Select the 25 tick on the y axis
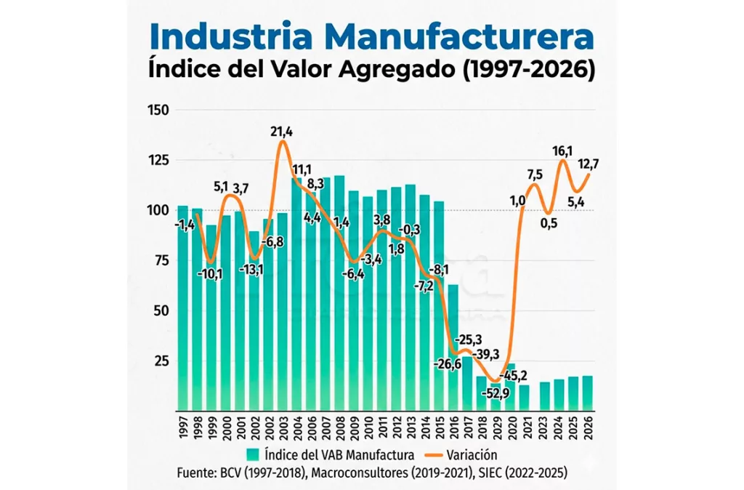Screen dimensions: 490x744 tap(162, 361)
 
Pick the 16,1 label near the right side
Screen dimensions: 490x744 tap(563, 151)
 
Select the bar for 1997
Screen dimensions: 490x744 tap(182, 305)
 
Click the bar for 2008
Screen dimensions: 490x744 tap(339, 291)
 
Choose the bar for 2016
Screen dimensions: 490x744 tap(452, 345)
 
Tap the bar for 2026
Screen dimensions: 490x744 tap(587, 393)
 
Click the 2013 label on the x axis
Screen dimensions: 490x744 tap(411, 429)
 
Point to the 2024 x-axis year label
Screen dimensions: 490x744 tap(559, 429)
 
